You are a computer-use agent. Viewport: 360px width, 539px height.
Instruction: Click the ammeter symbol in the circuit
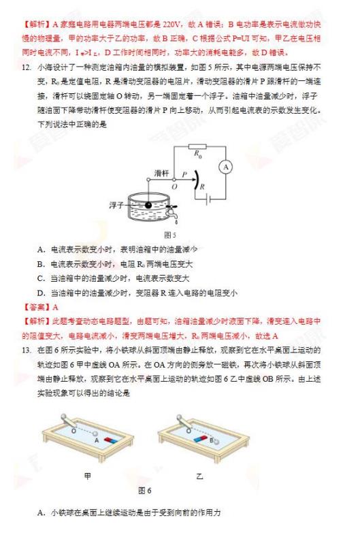[225, 167]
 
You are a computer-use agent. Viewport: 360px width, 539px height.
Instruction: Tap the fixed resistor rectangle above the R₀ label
[198, 147]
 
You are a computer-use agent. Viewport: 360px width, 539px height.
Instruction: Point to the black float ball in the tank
[148, 206]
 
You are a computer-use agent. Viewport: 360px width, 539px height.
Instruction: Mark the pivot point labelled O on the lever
[174, 180]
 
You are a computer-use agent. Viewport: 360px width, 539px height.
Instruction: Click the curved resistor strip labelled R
[196, 180]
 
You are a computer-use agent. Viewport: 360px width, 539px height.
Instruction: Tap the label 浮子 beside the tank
[116, 206]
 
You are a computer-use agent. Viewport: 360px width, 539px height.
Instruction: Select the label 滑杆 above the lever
[161, 173]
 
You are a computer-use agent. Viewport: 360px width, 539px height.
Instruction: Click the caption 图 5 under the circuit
[170, 235]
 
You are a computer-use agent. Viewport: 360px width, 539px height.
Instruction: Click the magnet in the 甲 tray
[111, 440]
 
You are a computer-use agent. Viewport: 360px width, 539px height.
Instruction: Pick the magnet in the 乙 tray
[201, 439]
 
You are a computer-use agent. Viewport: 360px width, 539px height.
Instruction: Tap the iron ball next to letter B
[216, 442]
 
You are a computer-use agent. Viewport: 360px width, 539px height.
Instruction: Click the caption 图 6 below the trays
[145, 491]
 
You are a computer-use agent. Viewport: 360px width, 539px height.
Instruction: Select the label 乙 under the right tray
[199, 476]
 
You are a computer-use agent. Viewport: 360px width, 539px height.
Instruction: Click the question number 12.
[26, 67]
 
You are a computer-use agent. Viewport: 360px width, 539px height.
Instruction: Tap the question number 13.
[26, 350]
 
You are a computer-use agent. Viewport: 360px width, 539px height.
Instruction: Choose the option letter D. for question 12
[42, 293]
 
